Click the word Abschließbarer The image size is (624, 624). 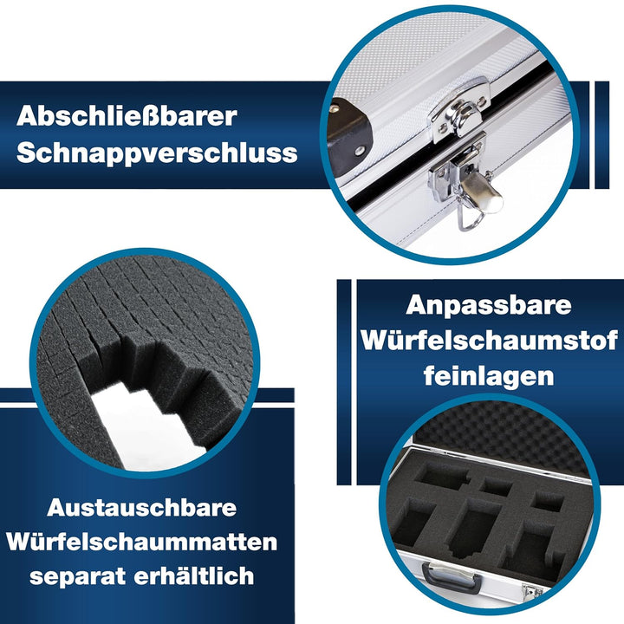(x=127, y=117)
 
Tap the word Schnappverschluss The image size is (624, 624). (x=157, y=153)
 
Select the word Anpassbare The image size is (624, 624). (x=489, y=305)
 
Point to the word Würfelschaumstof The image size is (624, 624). (x=490, y=341)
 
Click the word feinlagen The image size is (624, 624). (x=489, y=375)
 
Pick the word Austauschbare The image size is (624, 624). (x=141, y=507)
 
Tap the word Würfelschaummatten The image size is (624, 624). (x=141, y=542)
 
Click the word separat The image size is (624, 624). (x=78, y=576)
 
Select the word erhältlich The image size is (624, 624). (x=194, y=575)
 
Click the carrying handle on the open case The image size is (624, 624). (x=451, y=576)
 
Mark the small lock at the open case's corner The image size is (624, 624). (x=532, y=591)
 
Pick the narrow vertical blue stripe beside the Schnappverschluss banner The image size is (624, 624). (x=601, y=135)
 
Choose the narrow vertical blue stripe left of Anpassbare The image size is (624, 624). (x=344, y=382)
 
